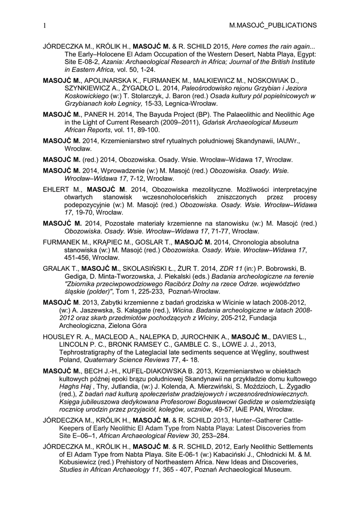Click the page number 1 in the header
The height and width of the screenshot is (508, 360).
45,25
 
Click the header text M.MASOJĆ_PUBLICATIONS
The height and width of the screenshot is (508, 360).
272,25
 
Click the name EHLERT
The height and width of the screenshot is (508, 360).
57,189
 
